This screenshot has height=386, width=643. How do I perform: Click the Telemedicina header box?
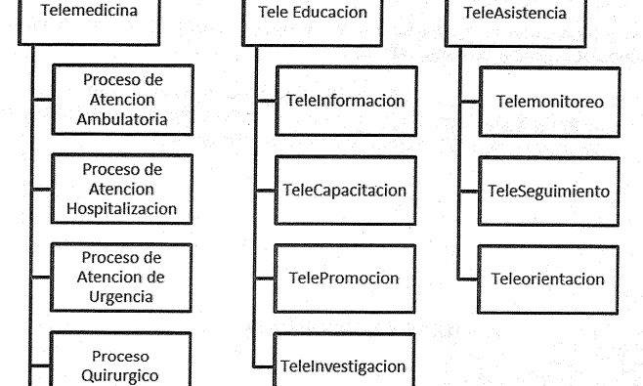click(89, 21)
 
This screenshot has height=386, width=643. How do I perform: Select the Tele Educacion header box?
click(312, 22)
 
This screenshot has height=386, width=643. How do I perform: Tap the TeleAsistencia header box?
click(515, 23)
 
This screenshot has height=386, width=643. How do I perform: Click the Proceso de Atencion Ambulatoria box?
click(122, 100)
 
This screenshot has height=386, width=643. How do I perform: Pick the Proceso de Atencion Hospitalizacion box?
click(122, 190)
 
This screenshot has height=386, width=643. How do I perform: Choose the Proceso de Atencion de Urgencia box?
click(121, 278)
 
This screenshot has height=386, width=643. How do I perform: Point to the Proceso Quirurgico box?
click(120, 360)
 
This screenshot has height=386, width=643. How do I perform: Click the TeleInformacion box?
click(347, 101)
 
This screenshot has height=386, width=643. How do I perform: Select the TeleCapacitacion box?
click(345, 191)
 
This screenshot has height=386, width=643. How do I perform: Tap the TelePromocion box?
click(344, 279)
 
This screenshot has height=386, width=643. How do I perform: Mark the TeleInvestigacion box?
click(344, 360)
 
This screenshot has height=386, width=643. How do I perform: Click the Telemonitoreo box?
click(549, 102)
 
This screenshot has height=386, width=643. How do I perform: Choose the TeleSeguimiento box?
click(548, 192)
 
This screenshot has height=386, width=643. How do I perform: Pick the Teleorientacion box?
click(548, 279)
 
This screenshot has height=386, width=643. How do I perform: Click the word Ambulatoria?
click(122, 119)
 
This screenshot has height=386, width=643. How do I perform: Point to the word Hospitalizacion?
click(122, 209)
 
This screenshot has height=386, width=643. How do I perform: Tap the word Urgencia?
click(121, 296)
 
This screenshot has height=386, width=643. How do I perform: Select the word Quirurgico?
click(120, 375)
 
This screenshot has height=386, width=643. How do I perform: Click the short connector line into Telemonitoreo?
click(469, 102)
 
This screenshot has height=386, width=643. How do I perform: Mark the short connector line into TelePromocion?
click(265, 279)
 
